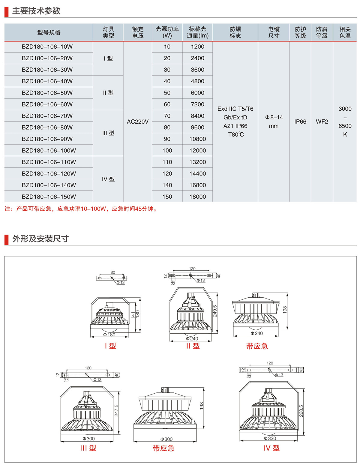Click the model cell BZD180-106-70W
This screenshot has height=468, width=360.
(x=47, y=116)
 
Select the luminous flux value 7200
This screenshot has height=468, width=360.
(x=197, y=104)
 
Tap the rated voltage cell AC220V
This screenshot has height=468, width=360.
(x=138, y=121)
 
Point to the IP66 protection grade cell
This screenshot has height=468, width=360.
(x=300, y=121)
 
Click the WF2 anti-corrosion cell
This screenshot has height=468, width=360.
(x=322, y=121)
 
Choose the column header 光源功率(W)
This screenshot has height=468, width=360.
(x=167, y=32)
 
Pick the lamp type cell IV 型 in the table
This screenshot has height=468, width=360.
(x=108, y=179)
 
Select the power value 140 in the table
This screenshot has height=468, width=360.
(x=167, y=185)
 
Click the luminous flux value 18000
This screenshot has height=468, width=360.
(x=197, y=197)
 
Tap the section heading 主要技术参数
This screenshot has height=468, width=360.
(x=36, y=11)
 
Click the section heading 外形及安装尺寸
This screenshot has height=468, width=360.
(x=40, y=239)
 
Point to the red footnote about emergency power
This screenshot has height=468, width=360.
(x=81, y=209)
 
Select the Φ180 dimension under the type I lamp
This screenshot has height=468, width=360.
(x=109, y=335)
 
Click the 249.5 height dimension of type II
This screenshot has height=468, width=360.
(x=215, y=311)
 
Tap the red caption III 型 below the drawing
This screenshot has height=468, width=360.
(x=88, y=448)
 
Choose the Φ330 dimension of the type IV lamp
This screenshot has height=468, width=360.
(x=270, y=438)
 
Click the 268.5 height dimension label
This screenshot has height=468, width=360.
(x=301, y=411)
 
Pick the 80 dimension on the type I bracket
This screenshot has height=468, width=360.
(x=113, y=272)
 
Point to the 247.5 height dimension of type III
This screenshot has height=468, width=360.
(x=116, y=410)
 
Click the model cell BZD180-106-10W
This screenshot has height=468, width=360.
(x=47, y=47)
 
